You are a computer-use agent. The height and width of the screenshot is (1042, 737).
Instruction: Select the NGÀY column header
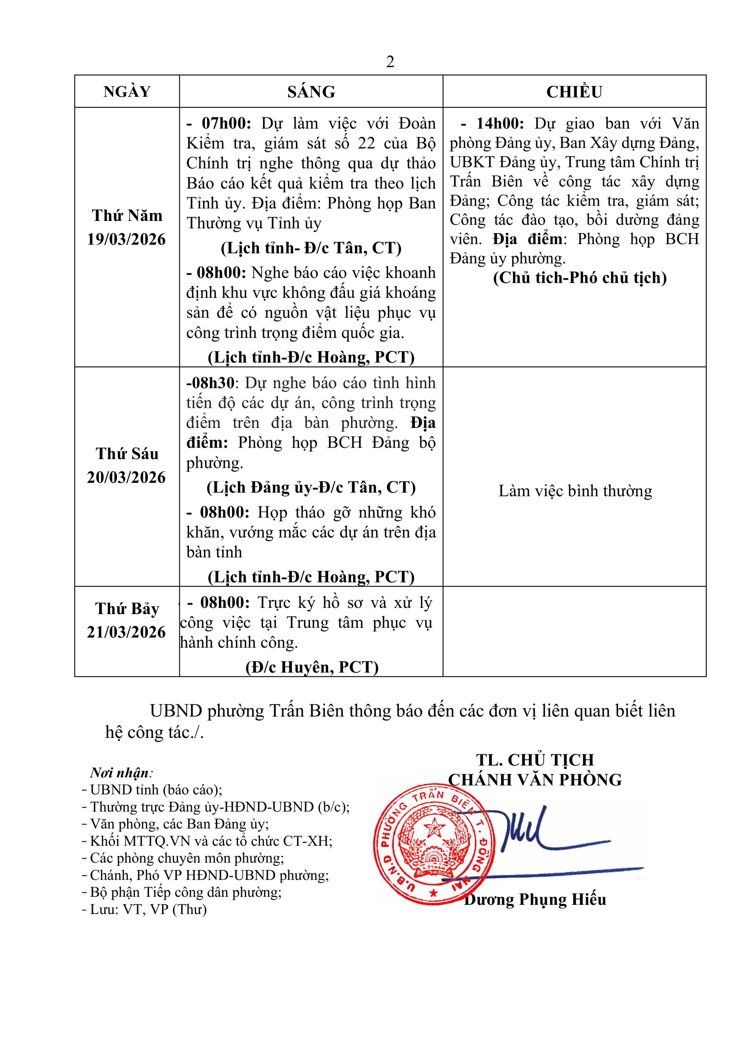pyautogui.click(x=127, y=92)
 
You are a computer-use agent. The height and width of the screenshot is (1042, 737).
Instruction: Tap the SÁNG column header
pyautogui.click(x=311, y=92)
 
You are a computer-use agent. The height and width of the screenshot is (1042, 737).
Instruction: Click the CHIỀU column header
pyautogui.click(x=574, y=92)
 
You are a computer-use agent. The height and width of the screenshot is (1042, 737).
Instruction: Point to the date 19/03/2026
pyautogui.click(x=127, y=239)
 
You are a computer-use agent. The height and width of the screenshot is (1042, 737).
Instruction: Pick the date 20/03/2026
pyautogui.click(x=127, y=478)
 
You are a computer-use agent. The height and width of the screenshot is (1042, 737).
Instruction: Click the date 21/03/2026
pyautogui.click(x=127, y=632)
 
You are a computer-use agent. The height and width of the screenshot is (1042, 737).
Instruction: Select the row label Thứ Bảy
pyautogui.click(x=127, y=609)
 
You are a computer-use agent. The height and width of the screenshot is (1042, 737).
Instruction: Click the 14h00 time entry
pyautogui.click(x=500, y=123)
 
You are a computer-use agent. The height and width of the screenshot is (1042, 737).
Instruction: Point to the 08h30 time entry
pyautogui.click(x=211, y=382)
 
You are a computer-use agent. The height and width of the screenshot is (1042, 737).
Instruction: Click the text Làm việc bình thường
pyautogui.click(x=575, y=491)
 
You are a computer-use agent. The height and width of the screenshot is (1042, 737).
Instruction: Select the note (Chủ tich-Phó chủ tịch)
pyautogui.click(x=580, y=278)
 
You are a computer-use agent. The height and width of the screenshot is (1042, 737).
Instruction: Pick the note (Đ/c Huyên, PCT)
pyautogui.click(x=312, y=667)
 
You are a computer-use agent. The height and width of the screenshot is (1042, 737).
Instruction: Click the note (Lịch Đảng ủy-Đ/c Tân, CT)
pyautogui.click(x=311, y=487)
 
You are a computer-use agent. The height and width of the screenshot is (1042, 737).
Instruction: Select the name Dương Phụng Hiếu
pyautogui.click(x=536, y=899)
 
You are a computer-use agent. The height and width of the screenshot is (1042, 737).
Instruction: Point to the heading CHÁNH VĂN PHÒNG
pyautogui.click(x=535, y=780)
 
